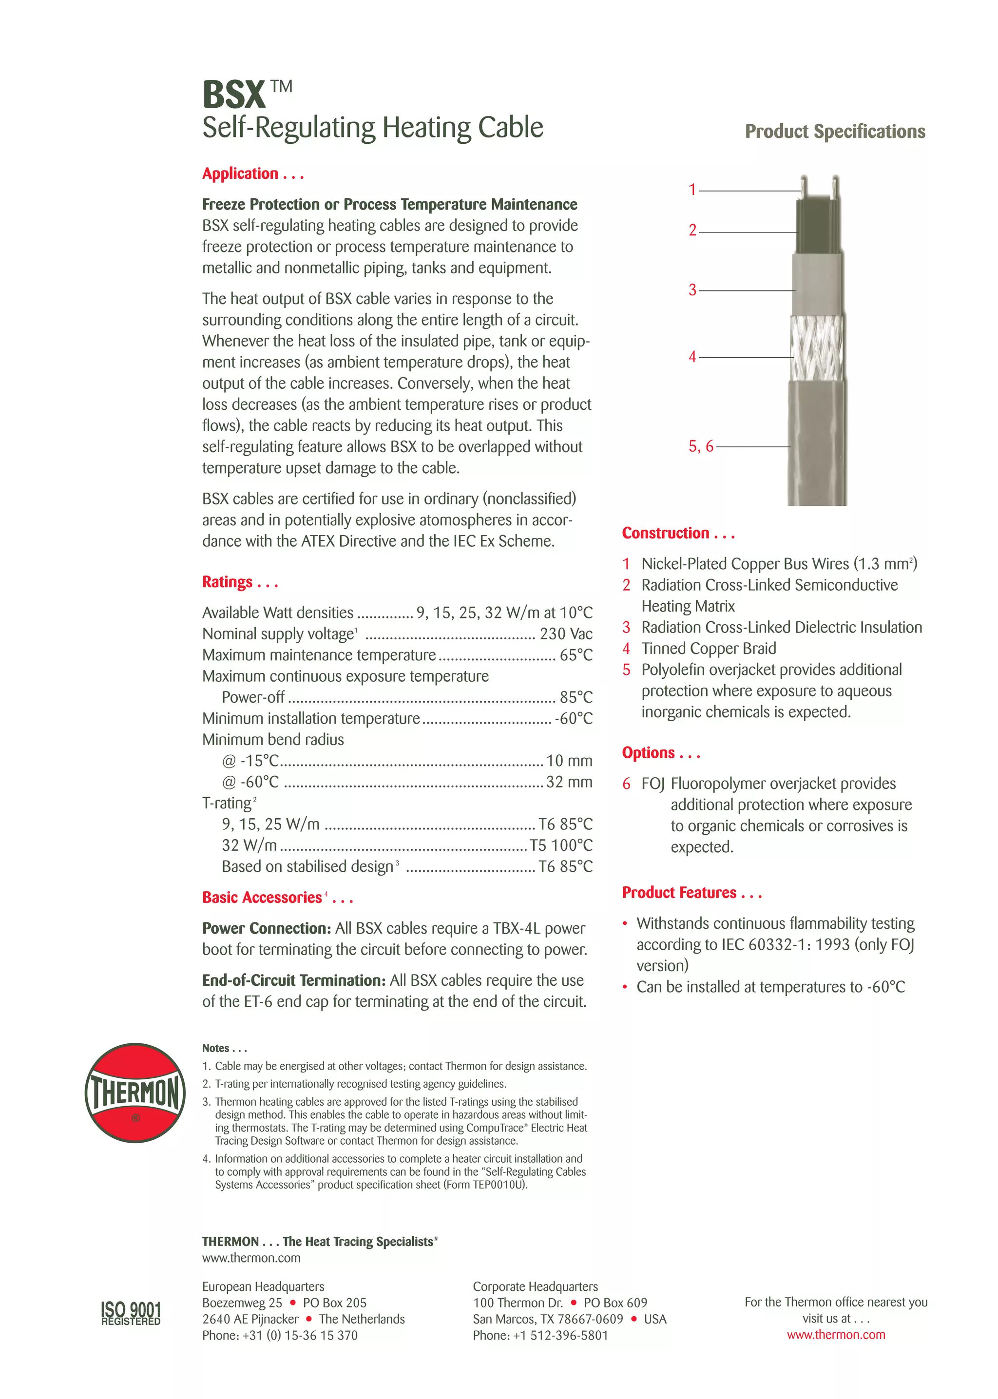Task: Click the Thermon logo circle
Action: coord(135,1092)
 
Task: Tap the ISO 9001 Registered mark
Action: coord(131,1313)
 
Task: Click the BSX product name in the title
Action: coord(233,95)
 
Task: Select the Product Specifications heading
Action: coord(835,132)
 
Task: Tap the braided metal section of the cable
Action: coord(817,348)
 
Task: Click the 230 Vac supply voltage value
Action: coord(565,633)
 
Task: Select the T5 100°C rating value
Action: coord(561,845)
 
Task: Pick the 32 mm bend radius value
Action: coord(569,782)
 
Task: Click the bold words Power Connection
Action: coord(266,928)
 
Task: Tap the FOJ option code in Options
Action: coord(653,784)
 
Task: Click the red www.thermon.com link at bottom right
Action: coord(836,1335)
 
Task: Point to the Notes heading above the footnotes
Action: coord(224,1048)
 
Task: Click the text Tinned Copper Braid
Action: coord(709,648)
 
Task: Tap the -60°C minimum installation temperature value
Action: coord(573,718)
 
